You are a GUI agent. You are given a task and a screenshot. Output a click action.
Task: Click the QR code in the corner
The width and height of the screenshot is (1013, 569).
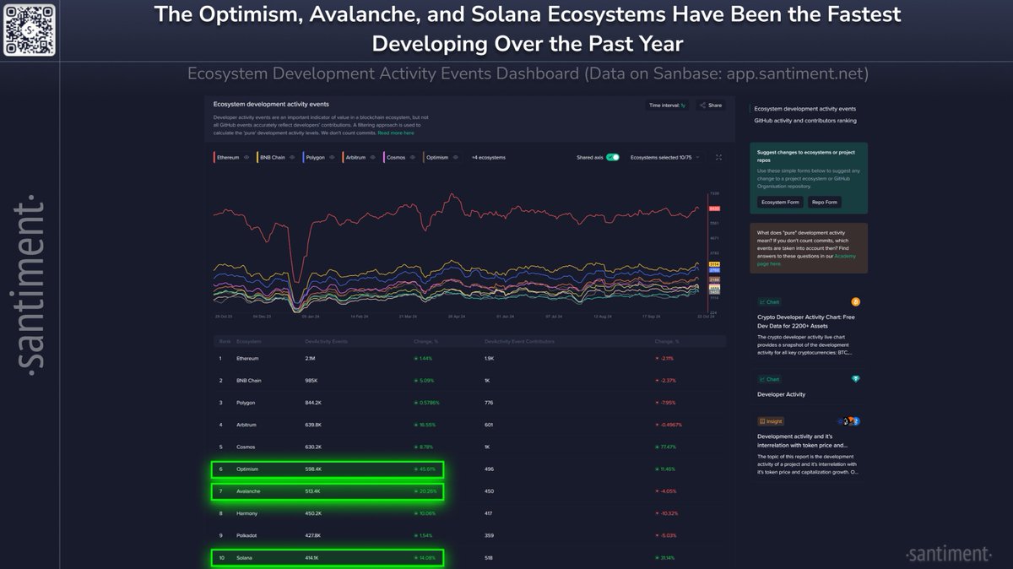tap(29, 29)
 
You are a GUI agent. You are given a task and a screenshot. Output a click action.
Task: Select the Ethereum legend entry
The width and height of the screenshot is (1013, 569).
tap(228, 157)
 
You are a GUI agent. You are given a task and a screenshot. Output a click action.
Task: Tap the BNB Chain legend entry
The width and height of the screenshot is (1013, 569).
tap(272, 157)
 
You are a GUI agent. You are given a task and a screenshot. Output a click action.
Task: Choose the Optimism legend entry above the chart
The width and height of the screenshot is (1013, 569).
tap(437, 157)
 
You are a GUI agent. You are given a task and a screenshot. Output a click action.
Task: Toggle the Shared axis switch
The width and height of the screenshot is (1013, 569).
tap(613, 157)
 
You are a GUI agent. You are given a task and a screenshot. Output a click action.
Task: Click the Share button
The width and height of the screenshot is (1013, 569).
tap(711, 106)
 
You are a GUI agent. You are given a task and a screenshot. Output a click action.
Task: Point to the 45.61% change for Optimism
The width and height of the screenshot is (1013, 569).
tap(424, 469)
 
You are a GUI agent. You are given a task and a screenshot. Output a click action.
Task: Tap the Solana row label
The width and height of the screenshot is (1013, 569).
tap(245, 557)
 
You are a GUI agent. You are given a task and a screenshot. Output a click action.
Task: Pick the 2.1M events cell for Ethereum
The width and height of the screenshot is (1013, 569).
tap(311, 358)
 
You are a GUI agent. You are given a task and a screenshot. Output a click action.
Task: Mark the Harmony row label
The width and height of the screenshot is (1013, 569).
tap(248, 512)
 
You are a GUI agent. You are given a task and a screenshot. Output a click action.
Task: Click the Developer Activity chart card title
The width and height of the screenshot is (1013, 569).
tap(781, 394)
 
